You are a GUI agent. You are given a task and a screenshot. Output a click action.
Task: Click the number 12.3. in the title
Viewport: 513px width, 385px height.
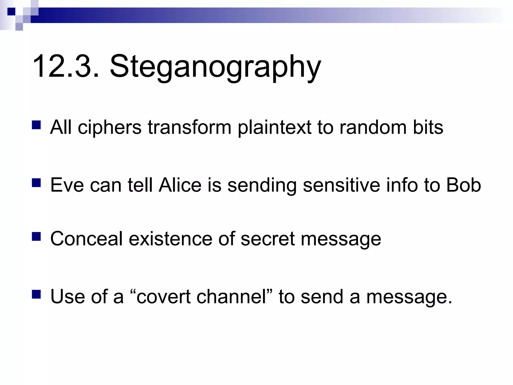pos(66,67)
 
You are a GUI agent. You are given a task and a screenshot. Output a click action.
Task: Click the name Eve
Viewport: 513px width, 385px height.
pos(67,185)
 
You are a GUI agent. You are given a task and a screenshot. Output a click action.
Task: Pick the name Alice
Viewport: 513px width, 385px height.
pos(180,185)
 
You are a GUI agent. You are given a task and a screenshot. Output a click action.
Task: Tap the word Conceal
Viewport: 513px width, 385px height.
pos(86,239)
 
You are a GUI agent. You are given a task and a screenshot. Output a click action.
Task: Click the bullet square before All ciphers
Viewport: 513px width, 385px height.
pos(36,125)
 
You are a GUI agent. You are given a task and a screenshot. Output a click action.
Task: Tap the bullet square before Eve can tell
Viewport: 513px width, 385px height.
pos(36,183)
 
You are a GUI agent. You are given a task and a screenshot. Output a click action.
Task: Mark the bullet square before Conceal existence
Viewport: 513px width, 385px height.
pos(36,236)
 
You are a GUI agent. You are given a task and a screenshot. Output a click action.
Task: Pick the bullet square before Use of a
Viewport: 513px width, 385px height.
pos(36,294)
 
